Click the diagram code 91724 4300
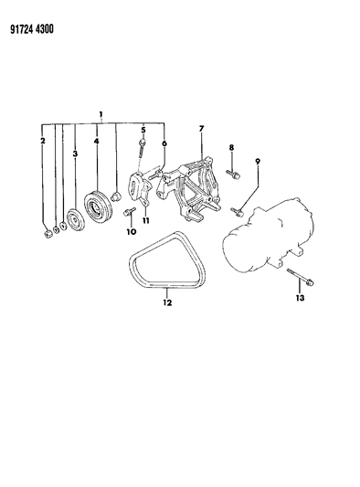click(x=32, y=29)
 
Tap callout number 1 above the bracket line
click(x=101, y=114)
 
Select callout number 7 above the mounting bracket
click(x=201, y=128)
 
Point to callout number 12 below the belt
click(x=167, y=302)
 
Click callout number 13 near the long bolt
click(x=300, y=298)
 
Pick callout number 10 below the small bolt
click(x=132, y=231)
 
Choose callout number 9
click(x=258, y=162)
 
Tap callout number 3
click(x=75, y=154)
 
